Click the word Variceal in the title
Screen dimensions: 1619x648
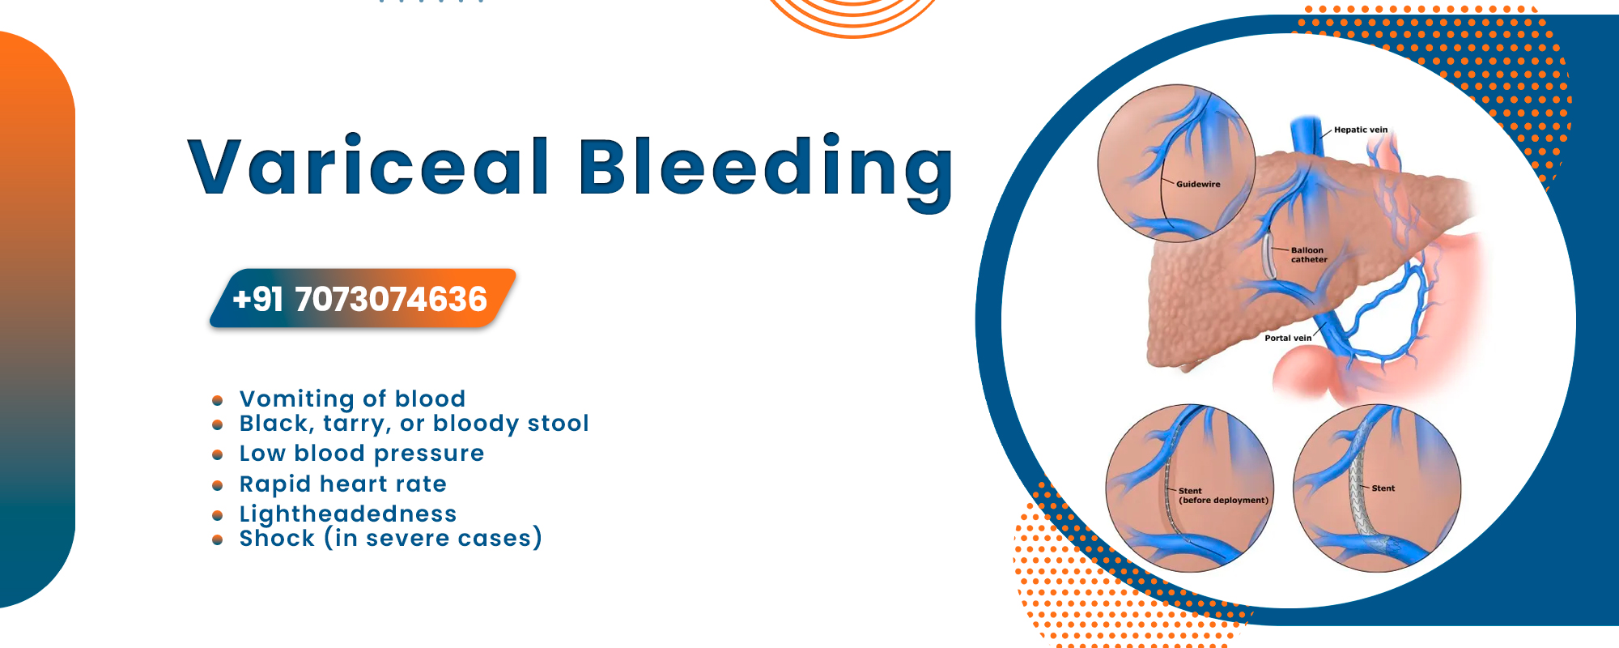[369, 166]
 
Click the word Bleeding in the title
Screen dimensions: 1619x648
[766, 170]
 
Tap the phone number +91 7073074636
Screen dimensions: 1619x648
[359, 300]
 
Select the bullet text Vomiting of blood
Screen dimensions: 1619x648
[352, 399]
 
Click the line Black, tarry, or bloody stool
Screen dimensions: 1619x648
[414, 424]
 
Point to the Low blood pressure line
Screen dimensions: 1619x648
[361, 454]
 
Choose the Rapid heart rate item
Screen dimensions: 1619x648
[342, 484]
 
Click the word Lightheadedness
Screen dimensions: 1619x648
[348, 514]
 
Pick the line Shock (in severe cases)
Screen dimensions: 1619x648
[390, 538]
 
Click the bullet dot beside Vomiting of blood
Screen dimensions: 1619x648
[217, 400]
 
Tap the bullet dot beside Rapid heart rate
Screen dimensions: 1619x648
[217, 486]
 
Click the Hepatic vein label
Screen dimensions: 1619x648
[1361, 130]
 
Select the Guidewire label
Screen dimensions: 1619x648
[1198, 185]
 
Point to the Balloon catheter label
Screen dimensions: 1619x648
[1309, 255]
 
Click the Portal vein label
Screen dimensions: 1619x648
[1288, 338]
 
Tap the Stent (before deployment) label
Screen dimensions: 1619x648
[1223, 496]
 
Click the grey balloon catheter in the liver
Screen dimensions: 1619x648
[1268, 257]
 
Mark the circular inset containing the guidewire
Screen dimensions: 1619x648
[1176, 163]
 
